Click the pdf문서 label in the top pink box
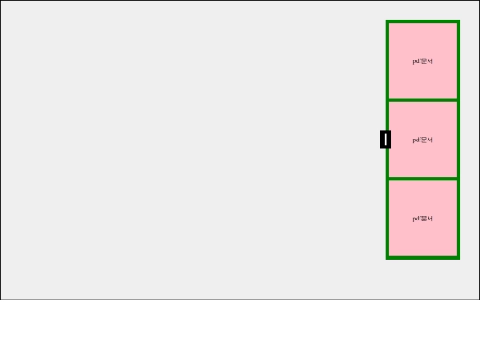423,61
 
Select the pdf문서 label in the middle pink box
423,140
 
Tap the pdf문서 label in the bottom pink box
423,219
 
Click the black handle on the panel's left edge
386,140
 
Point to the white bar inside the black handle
386,140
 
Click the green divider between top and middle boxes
423,100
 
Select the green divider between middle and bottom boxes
423,179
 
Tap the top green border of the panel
423,21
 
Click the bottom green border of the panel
423,258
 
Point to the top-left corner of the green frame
386,20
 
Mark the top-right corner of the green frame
460,20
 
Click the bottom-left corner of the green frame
386,259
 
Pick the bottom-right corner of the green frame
460,259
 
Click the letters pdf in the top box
417,61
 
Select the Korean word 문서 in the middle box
427,140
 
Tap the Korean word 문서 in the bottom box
427,219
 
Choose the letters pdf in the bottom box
417,219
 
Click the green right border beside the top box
459,61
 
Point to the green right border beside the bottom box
459,219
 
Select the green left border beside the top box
388,61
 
